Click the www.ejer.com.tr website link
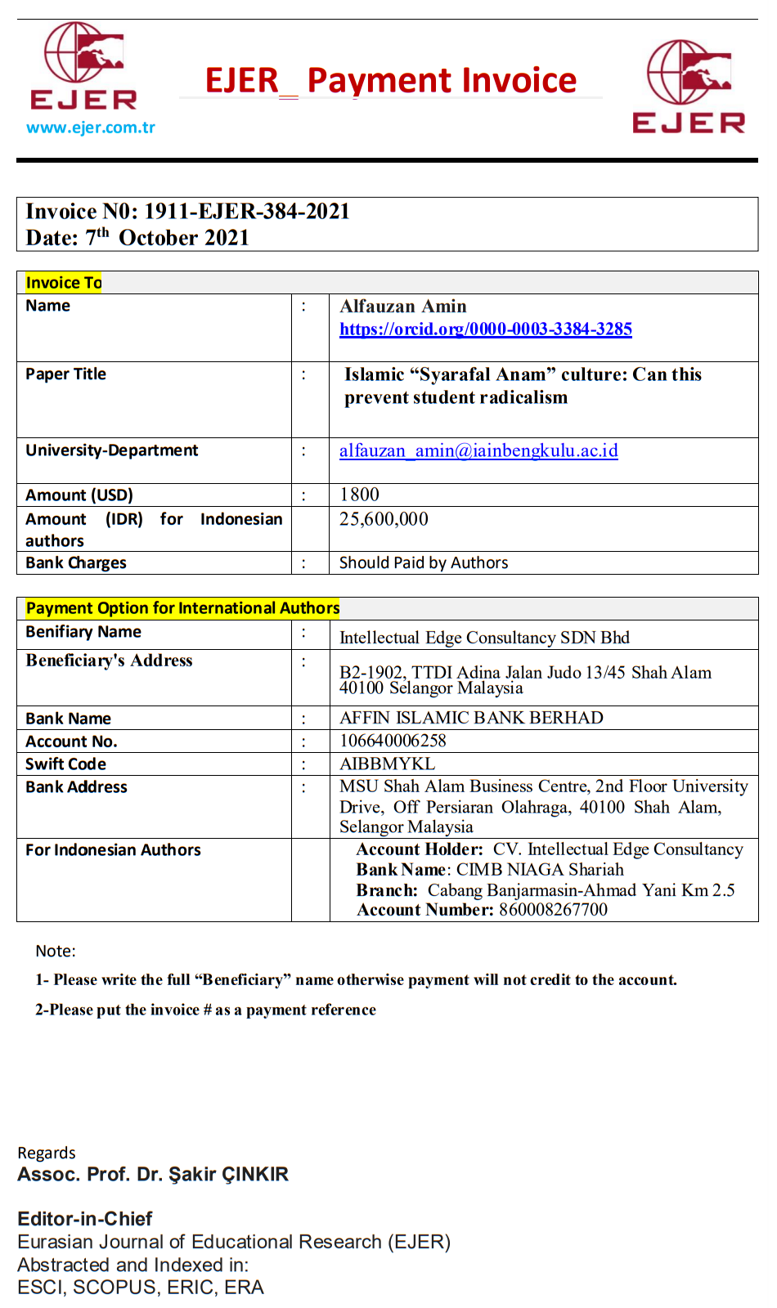(91, 128)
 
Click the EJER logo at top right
(689, 87)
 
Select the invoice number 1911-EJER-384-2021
(247, 212)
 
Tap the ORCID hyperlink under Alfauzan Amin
(486, 329)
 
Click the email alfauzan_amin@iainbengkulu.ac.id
(478, 451)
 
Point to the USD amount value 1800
(360, 495)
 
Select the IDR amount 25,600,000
(384, 520)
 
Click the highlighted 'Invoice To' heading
(64, 283)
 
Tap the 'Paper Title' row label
(66, 374)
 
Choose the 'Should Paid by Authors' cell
(424, 563)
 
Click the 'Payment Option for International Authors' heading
(182, 608)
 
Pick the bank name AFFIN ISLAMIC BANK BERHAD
(471, 718)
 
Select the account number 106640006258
(393, 741)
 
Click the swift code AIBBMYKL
(388, 764)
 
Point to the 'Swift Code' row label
(66, 764)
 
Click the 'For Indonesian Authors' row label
(113, 850)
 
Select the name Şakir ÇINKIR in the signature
(228, 1175)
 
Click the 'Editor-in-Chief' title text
(85, 1219)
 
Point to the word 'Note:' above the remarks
(56, 952)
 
